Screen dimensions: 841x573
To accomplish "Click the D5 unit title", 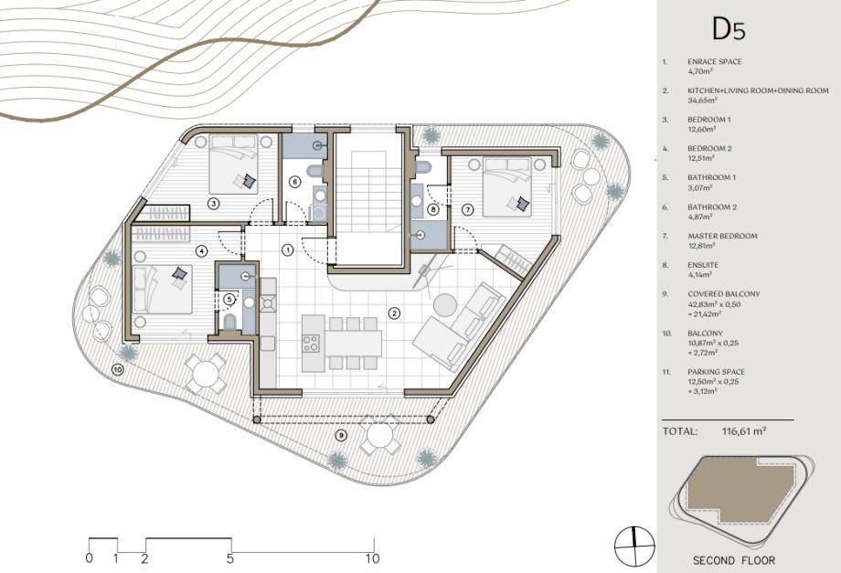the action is click(729, 29).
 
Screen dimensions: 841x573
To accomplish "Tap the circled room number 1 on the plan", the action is click(288, 249).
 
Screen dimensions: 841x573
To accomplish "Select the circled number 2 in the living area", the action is click(394, 313).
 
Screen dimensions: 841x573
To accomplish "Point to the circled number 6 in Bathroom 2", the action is click(294, 182).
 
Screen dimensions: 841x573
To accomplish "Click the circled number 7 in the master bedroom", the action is click(468, 209).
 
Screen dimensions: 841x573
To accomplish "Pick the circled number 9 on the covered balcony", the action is click(341, 435).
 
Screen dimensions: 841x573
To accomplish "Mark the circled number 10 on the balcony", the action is click(117, 369).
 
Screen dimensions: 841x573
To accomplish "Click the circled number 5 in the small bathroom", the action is click(229, 299).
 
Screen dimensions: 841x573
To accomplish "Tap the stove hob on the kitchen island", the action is click(311, 343).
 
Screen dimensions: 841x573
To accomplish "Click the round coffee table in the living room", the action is click(444, 305).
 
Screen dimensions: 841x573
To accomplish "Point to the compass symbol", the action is click(634, 546).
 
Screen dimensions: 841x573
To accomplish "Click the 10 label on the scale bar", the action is click(372, 558).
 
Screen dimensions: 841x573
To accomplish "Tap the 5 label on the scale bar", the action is click(230, 558).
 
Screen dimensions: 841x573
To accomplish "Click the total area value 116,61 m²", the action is click(744, 430).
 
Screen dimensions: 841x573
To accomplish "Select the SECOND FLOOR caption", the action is click(734, 561).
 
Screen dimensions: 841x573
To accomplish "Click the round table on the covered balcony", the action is click(379, 435).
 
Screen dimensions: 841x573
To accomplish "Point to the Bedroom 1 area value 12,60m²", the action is click(701, 129).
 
